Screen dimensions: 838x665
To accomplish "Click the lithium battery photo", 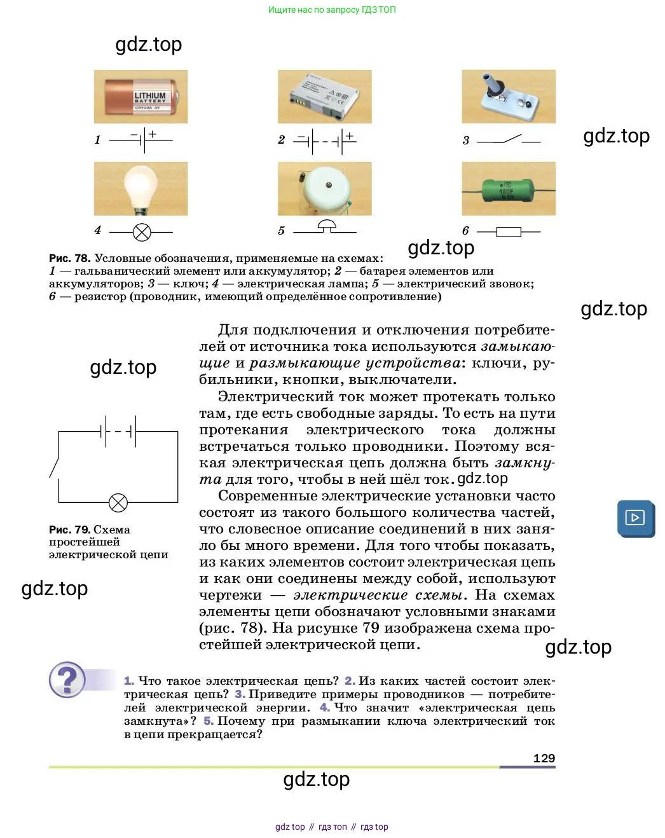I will tap(141, 97).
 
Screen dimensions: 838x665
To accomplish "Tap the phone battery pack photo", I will tap(324, 97).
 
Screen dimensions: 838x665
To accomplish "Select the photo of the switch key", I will tap(508, 97).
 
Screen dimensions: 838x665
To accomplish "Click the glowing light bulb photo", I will tap(141, 189).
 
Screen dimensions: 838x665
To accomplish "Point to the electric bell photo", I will tap(324, 189).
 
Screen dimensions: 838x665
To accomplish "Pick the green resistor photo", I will tap(508, 189).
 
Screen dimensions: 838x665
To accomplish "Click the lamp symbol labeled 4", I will tap(142, 232).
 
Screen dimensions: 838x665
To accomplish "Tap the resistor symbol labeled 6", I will tap(509, 232).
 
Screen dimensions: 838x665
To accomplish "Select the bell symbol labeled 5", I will tap(326, 226).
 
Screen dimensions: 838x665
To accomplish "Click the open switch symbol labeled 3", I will tap(509, 139).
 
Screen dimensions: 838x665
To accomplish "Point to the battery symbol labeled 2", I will tap(326, 141).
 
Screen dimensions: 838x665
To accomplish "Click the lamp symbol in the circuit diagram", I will tap(118, 503).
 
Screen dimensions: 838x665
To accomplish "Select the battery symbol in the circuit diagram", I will tap(119, 432).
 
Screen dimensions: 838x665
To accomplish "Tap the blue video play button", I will tap(635, 518).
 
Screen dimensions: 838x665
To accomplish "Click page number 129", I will tap(544, 758).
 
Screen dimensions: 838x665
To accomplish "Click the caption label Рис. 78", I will tap(69, 258).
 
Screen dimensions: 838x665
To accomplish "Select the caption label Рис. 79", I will tap(69, 530).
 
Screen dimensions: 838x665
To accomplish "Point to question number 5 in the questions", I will tap(209, 721).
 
